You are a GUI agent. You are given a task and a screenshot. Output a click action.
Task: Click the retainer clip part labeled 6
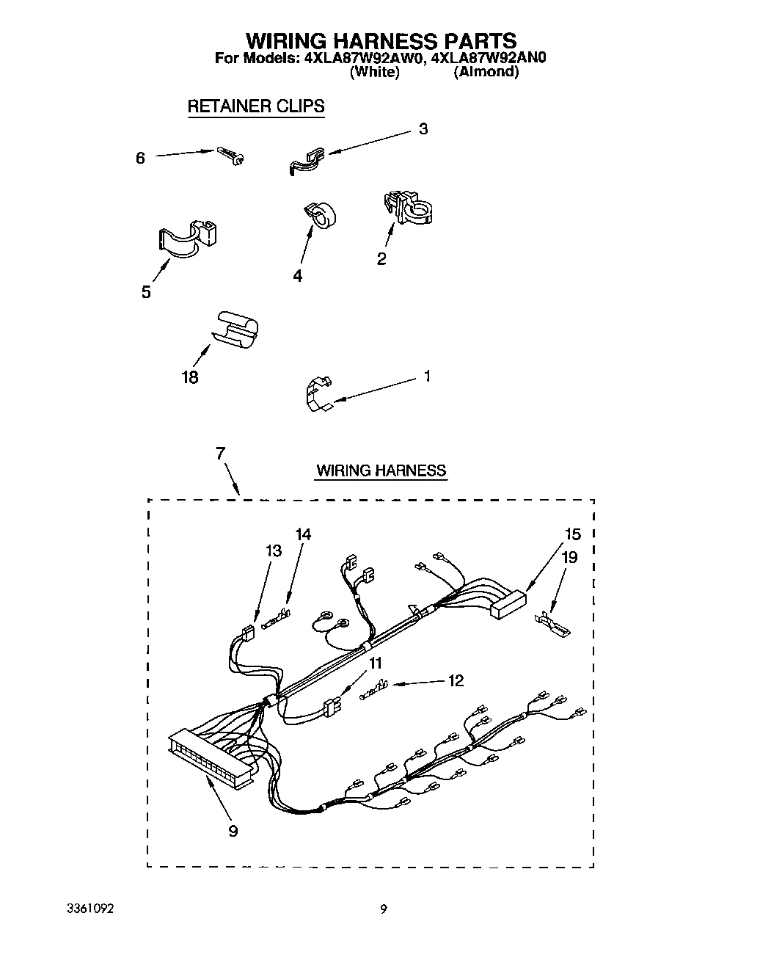point(230,155)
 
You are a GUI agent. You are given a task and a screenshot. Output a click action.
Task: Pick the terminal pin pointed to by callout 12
point(374,690)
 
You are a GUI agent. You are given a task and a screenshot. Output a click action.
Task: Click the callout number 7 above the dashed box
point(220,453)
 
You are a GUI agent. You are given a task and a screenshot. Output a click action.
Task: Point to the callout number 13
point(273,550)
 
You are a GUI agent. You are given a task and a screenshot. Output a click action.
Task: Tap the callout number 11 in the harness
point(375,663)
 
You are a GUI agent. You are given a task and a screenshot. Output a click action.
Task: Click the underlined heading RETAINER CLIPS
point(255,106)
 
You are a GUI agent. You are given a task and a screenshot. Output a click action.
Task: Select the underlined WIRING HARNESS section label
point(381,470)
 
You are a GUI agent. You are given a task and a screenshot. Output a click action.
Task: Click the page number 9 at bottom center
point(383,909)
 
